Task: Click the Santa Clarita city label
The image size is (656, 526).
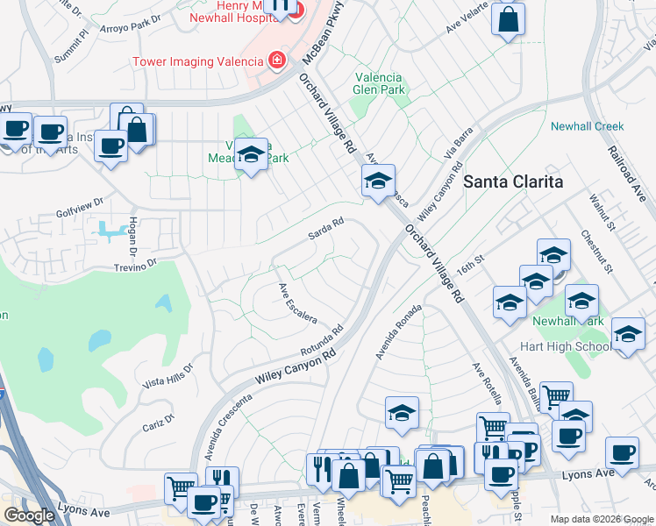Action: coord(512,181)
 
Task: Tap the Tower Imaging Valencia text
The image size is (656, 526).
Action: coord(197,61)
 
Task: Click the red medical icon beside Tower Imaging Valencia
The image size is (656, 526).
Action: coord(277,60)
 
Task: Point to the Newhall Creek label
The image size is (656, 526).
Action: coord(587,126)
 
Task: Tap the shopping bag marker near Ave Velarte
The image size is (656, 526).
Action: coord(508,19)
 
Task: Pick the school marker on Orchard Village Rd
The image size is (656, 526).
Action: coord(378,181)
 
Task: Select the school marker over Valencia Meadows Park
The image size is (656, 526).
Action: coord(252,155)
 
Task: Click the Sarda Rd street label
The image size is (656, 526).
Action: coord(324,232)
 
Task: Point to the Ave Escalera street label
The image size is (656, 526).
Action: coord(297,303)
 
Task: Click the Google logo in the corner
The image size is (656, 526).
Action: coord(29,515)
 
